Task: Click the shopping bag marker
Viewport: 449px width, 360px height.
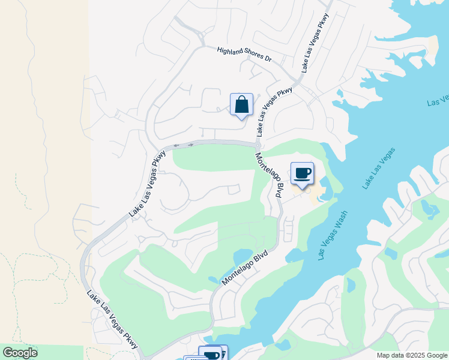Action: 241,105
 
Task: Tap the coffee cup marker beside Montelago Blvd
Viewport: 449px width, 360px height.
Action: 302,174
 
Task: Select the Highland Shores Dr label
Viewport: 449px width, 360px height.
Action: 244,55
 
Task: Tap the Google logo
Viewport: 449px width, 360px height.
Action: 20,352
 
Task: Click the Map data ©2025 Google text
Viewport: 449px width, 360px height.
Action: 412,355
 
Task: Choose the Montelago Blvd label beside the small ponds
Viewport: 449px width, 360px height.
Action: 244,267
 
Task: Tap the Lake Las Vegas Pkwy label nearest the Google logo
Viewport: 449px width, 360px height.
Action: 112,320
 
